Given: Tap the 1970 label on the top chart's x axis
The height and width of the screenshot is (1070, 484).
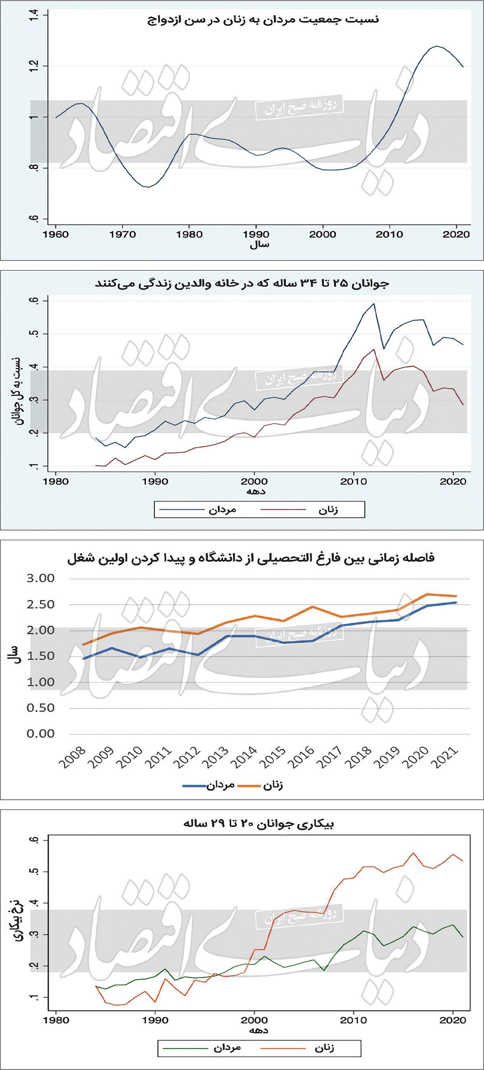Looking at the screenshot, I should coord(123,235).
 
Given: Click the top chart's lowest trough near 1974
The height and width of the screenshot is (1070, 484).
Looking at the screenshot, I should coord(148,187).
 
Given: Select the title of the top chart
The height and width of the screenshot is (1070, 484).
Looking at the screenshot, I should coord(263,19).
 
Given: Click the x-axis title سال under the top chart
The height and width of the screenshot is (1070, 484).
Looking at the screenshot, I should coord(259,245).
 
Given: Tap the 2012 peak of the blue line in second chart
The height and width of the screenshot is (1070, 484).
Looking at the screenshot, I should coord(374,304).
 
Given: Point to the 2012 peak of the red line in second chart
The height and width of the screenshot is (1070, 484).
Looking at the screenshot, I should coord(374,349).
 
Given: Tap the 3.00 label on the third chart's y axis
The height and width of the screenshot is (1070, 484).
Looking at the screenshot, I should coord(40,578).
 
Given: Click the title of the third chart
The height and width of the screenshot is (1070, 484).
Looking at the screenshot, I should coord(251,558).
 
